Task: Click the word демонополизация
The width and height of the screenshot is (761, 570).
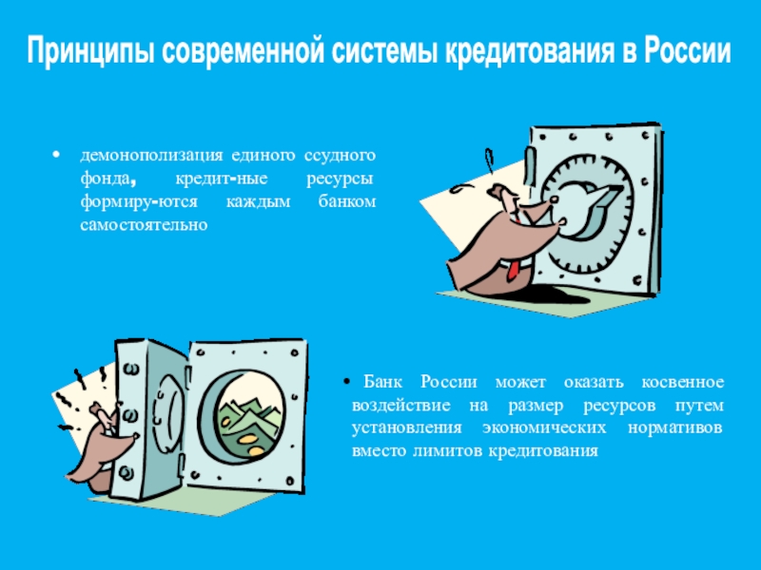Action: tap(151, 156)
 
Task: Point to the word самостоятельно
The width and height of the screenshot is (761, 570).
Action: tap(145, 225)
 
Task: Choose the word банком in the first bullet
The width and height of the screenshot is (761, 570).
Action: tap(347, 201)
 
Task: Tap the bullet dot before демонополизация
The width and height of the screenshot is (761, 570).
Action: tap(57, 155)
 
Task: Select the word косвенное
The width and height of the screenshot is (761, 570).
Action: tap(683, 383)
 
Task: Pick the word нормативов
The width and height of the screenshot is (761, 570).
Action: tap(675, 428)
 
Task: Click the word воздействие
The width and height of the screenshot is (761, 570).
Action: tap(400, 406)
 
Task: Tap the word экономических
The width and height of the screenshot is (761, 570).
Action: tap(544, 428)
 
